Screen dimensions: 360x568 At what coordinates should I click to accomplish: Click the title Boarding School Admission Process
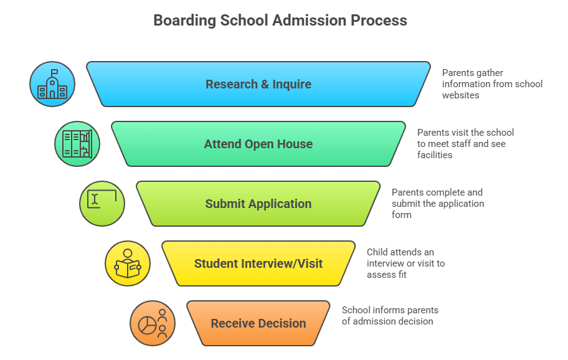point(280,21)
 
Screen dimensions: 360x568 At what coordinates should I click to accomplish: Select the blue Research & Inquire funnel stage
point(258,84)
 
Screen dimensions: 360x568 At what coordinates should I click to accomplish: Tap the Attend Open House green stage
point(258,144)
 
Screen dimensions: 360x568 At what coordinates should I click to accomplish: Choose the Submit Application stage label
point(258,204)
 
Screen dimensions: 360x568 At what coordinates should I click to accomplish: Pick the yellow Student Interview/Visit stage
point(258,263)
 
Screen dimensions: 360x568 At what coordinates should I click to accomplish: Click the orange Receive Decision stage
point(258,323)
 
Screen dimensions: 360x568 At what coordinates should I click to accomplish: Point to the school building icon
point(52,85)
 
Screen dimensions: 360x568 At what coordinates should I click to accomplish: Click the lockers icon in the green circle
point(77,144)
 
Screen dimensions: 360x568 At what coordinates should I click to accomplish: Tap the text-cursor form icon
point(102,203)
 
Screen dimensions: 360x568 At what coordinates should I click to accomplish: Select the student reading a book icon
point(128,263)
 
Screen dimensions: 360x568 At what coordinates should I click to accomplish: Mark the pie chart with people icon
point(153,323)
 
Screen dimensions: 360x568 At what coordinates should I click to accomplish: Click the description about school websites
point(492,84)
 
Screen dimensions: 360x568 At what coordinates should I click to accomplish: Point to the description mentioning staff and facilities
point(465,144)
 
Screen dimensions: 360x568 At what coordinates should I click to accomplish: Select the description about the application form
point(437,204)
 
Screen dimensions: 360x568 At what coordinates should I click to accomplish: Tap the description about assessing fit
point(405,263)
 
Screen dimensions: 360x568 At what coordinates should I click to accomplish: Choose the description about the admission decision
point(390,316)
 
